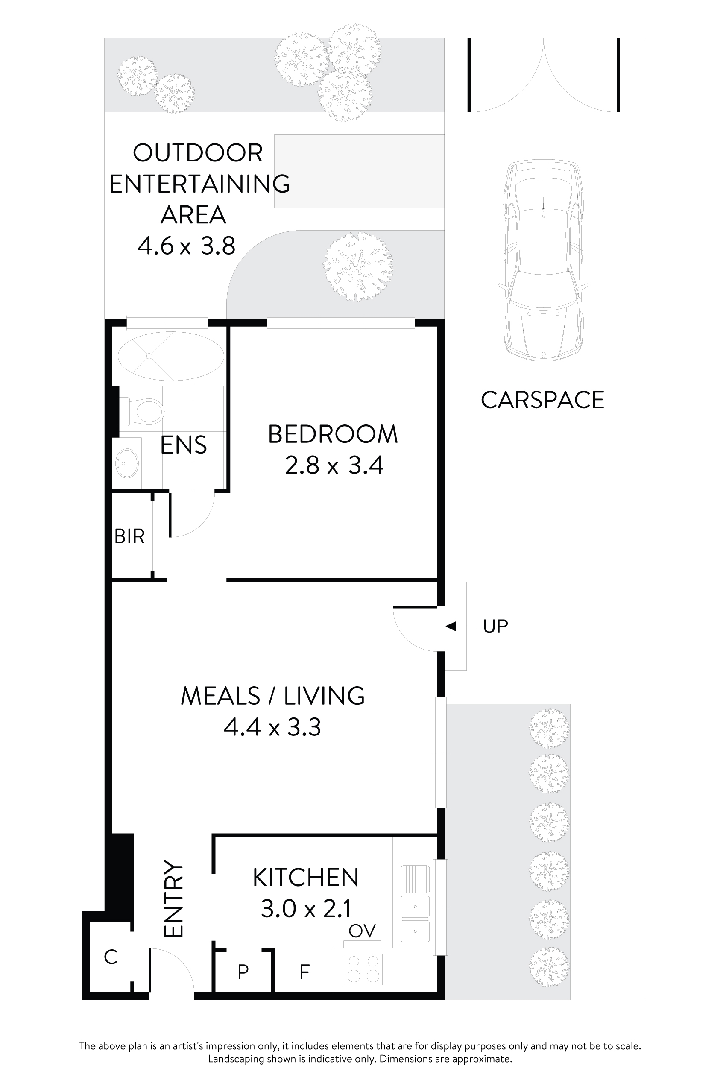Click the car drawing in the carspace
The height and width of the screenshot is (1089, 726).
tap(543, 260)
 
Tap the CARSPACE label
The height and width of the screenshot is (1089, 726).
tap(542, 400)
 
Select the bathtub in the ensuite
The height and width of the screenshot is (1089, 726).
tap(171, 356)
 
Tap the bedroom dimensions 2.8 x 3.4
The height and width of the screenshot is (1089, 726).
tap(334, 465)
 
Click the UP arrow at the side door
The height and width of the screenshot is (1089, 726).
tap(451, 626)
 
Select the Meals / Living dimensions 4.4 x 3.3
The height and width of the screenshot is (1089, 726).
tap(272, 727)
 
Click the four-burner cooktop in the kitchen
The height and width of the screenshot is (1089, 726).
tap(363, 969)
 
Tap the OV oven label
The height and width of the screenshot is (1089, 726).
tap(362, 931)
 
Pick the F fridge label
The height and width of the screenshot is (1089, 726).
tap(304, 972)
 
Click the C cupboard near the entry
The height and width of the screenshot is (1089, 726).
tap(110, 957)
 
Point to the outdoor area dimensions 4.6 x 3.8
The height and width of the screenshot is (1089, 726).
tap(186, 246)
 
